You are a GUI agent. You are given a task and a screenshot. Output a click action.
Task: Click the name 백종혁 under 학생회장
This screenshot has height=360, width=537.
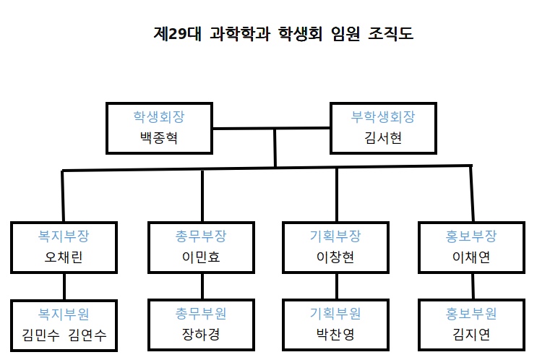[159, 138]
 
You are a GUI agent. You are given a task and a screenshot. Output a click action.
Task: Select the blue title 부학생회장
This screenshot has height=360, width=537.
[383, 116]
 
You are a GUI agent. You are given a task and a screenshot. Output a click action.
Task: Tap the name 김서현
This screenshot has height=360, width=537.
[383, 138]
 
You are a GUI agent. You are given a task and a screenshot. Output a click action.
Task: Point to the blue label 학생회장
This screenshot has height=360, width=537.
[159, 116]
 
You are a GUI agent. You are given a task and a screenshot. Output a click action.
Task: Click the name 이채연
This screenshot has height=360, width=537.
[471, 258]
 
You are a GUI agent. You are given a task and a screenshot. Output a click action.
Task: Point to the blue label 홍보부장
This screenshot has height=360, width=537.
[471, 236]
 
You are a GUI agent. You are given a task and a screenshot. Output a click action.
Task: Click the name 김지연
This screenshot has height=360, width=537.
[471, 335]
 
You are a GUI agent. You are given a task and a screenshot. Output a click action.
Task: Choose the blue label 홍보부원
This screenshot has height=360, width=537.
[471, 314]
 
